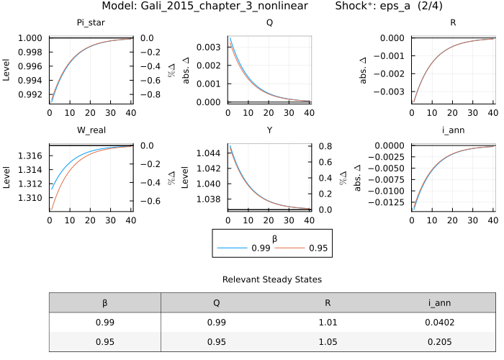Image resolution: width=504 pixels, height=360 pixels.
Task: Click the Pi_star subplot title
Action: click(x=91, y=22)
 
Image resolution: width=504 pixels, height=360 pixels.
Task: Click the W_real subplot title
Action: click(x=91, y=130)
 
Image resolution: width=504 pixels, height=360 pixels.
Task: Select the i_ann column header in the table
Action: click(x=441, y=303)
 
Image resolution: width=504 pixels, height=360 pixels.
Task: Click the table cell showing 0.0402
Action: click(x=441, y=323)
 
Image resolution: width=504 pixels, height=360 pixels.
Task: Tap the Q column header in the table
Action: click(x=216, y=303)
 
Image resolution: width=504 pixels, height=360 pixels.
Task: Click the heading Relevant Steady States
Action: click(x=272, y=279)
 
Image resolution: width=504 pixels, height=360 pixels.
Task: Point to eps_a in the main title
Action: click(x=410, y=6)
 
